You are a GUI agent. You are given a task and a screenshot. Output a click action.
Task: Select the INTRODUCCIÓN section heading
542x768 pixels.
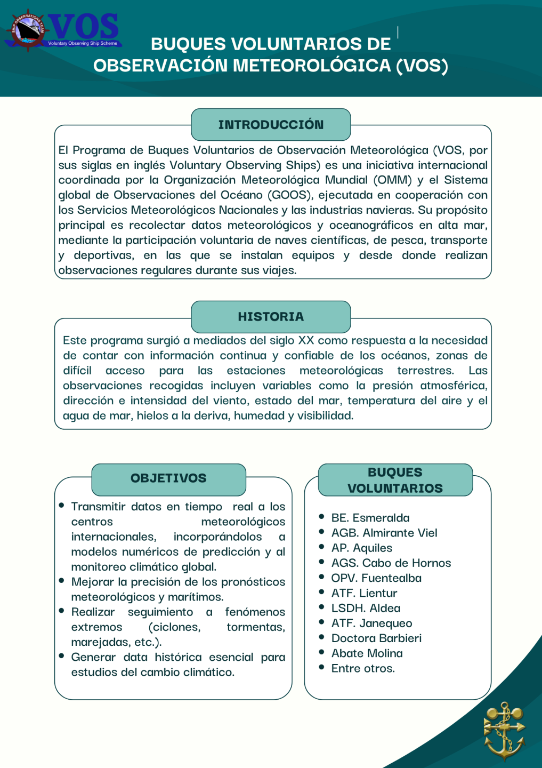[x=271, y=125]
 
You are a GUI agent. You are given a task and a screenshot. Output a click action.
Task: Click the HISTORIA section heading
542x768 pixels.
[x=271, y=317]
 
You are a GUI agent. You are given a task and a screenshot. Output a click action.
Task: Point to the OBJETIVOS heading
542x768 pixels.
[x=168, y=478]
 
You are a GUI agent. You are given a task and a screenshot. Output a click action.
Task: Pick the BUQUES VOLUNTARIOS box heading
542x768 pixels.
[x=395, y=480]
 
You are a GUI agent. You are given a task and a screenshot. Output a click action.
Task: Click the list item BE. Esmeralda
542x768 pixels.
[x=370, y=518]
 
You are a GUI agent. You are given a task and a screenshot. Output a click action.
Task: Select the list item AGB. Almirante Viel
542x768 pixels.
[x=384, y=533]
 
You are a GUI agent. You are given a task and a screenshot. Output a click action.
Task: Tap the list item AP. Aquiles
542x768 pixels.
[x=361, y=548]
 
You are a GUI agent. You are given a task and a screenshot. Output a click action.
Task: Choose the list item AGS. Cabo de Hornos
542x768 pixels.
[x=391, y=563]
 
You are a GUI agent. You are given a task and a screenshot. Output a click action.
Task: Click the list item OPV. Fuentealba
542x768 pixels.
[x=376, y=578]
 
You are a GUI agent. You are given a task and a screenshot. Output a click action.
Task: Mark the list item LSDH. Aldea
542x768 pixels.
[x=366, y=608]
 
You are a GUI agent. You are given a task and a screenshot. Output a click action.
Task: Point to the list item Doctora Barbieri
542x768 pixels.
[x=376, y=638]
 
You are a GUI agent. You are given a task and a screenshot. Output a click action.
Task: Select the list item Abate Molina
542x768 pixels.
[x=367, y=653]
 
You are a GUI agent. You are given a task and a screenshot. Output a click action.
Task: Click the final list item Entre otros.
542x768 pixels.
[x=363, y=668]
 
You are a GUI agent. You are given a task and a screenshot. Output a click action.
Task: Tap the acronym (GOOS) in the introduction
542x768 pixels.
[x=289, y=195]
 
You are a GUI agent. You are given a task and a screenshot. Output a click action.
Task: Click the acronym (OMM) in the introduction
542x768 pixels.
[x=392, y=180]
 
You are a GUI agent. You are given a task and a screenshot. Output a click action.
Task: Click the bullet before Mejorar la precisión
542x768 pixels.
[x=62, y=581]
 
